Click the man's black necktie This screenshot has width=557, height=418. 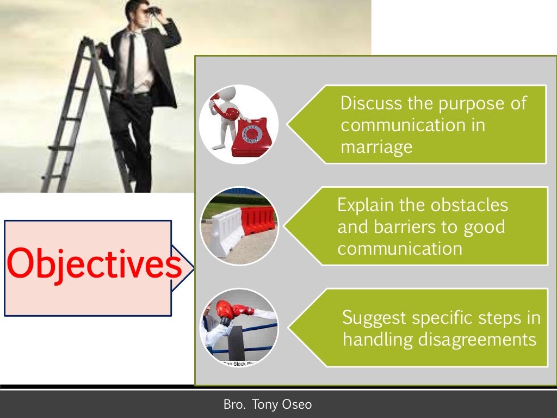131,60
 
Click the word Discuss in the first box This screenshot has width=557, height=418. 372,103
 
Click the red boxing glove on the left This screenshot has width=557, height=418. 224,311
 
